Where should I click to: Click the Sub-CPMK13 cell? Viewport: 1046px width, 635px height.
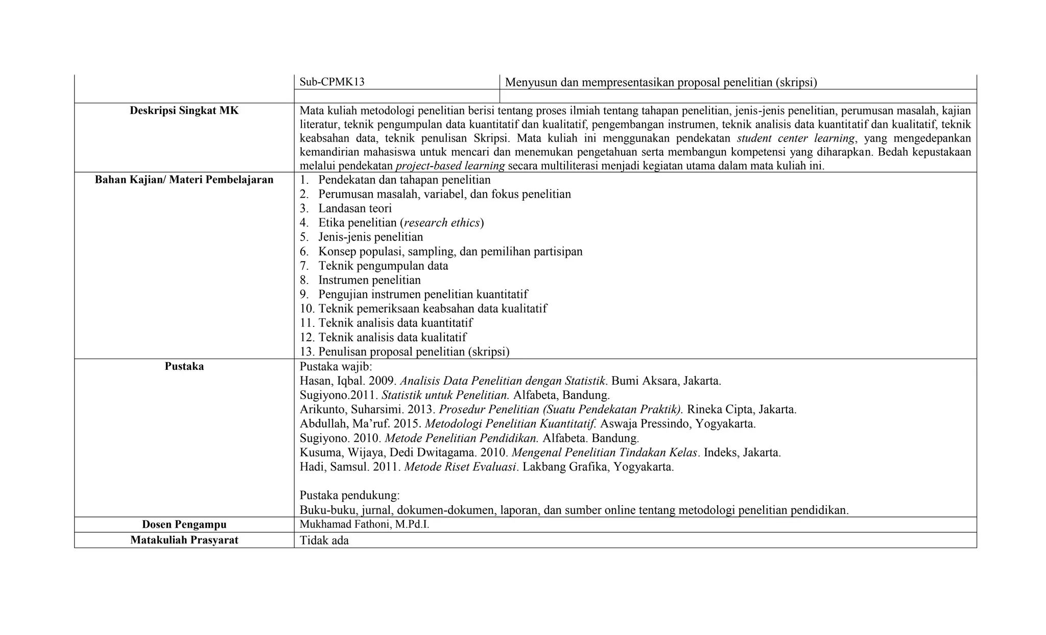click(x=332, y=82)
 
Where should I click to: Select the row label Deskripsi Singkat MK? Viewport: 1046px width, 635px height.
click(x=184, y=110)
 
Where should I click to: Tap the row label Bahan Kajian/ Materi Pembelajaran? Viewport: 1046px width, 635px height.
click(x=184, y=180)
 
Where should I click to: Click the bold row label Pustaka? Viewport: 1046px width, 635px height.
click(x=184, y=366)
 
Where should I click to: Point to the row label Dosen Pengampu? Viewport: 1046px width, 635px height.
click(x=184, y=525)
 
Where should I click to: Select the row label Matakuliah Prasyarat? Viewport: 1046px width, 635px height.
click(x=184, y=540)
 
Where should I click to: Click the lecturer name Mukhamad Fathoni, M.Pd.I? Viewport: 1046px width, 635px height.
click(x=364, y=525)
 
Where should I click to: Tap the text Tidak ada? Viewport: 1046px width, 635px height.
click(x=324, y=540)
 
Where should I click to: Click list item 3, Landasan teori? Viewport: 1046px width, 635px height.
click(x=354, y=208)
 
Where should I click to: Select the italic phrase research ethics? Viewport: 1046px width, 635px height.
click(x=442, y=223)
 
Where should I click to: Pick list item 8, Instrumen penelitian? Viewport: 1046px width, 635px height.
click(x=369, y=280)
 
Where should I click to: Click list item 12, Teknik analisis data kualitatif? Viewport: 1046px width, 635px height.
click(x=392, y=337)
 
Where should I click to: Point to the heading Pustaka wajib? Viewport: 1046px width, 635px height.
click(x=336, y=367)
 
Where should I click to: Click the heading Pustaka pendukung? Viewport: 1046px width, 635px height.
click(x=349, y=496)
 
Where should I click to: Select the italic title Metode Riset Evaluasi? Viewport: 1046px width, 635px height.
click(x=460, y=467)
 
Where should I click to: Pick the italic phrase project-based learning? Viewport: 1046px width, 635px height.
click(x=450, y=166)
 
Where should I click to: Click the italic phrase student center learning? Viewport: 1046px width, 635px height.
click(x=795, y=138)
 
